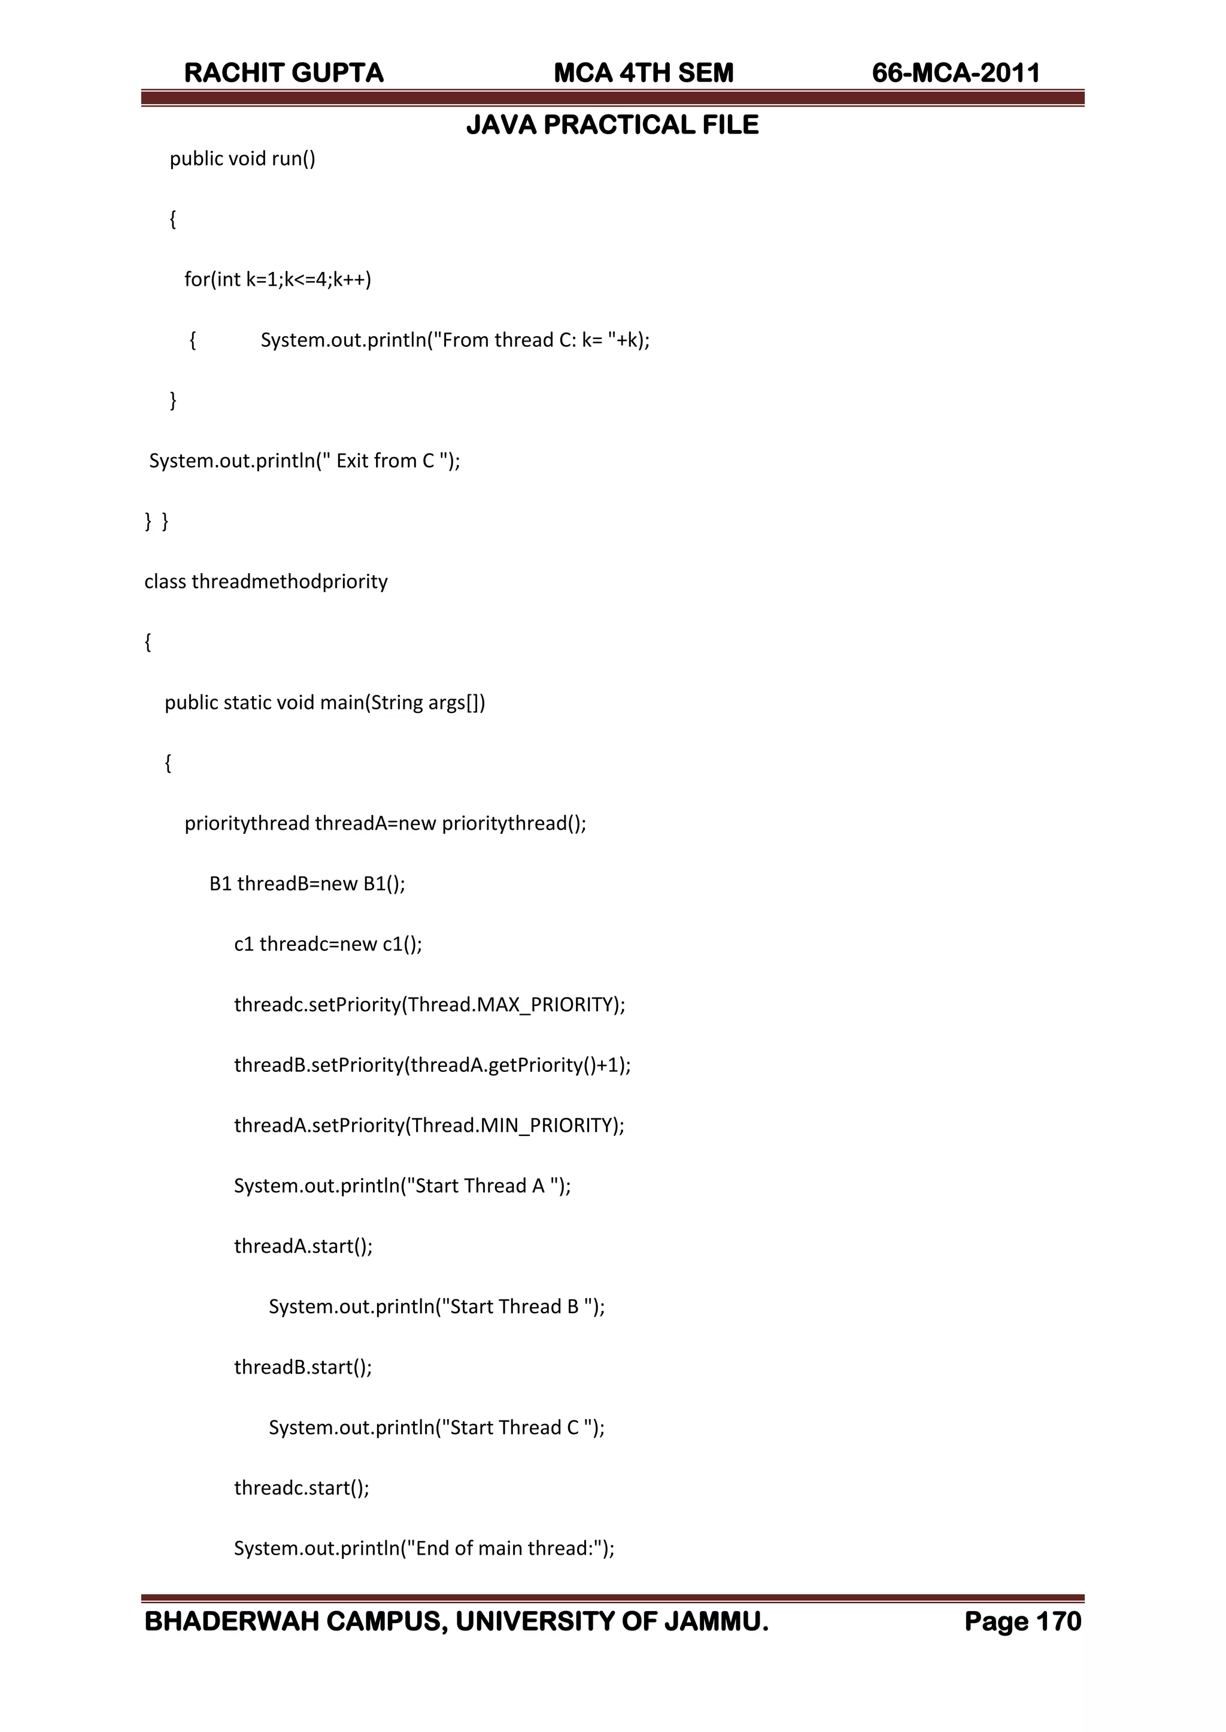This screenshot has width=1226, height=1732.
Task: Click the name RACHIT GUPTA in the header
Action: pos(284,73)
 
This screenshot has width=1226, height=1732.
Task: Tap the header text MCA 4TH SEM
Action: pos(643,73)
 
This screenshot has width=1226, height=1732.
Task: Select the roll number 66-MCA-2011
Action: pos(956,73)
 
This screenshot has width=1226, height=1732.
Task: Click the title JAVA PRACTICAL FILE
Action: pos(612,125)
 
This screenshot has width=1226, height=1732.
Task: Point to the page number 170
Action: pos(1058,1622)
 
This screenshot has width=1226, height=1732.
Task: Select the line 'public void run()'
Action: pos(242,159)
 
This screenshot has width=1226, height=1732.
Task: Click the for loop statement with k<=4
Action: pos(278,279)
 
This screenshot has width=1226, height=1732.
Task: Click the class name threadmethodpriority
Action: pos(289,582)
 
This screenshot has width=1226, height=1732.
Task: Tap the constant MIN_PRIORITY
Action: pos(550,1126)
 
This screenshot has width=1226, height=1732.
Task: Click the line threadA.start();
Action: pos(304,1246)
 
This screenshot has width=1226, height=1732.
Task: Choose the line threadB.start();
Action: pos(304,1367)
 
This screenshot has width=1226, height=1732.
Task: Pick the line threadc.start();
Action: pos(302,1488)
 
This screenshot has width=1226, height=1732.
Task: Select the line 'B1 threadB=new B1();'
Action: pos(307,884)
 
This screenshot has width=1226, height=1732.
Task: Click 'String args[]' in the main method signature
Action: pos(424,703)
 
